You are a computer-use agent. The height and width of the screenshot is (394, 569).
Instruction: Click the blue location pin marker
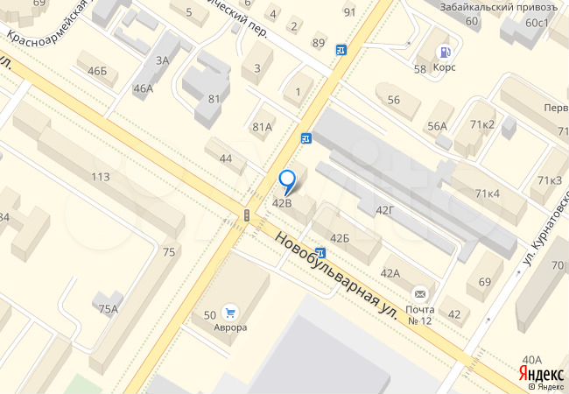click(287, 182)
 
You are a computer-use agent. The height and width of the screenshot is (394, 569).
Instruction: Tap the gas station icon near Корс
click(444, 52)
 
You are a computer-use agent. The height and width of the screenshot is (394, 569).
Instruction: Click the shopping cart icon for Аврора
click(230, 312)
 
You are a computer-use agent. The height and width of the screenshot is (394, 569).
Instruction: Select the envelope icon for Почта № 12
click(421, 293)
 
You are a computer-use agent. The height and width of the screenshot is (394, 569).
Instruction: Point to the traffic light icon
click(248, 215)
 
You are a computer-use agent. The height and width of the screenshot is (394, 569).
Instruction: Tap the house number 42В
click(282, 202)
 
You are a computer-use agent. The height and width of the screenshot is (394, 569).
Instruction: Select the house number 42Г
click(385, 209)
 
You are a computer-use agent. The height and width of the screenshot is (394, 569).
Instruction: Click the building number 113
click(100, 176)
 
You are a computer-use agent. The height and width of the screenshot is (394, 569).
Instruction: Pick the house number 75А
click(108, 308)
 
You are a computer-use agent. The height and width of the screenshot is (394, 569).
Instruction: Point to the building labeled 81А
click(263, 127)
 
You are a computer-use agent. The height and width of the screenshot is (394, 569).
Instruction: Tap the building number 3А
click(162, 60)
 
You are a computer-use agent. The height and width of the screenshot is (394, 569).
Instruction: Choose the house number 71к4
click(488, 193)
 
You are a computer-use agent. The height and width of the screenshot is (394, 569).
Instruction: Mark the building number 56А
click(437, 126)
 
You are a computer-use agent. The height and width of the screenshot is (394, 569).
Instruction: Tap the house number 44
click(226, 158)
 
